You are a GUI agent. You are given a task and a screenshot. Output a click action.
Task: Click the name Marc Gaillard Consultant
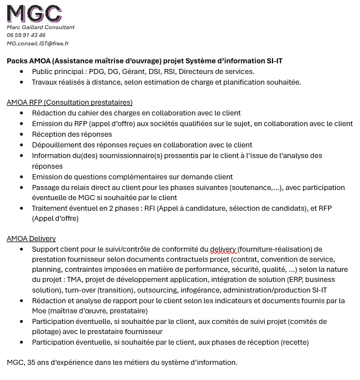(40, 27)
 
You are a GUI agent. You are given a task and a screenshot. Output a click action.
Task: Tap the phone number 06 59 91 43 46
(26, 35)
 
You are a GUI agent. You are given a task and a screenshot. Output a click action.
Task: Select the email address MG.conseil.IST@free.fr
(38, 43)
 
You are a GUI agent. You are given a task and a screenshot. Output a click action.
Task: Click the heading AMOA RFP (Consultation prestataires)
(70, 103)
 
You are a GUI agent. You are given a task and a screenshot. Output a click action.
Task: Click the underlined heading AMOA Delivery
(31, 239)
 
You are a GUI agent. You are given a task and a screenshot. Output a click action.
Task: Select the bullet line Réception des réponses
(72, 135)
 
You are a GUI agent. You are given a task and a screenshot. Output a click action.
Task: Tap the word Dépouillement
(58, 145)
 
